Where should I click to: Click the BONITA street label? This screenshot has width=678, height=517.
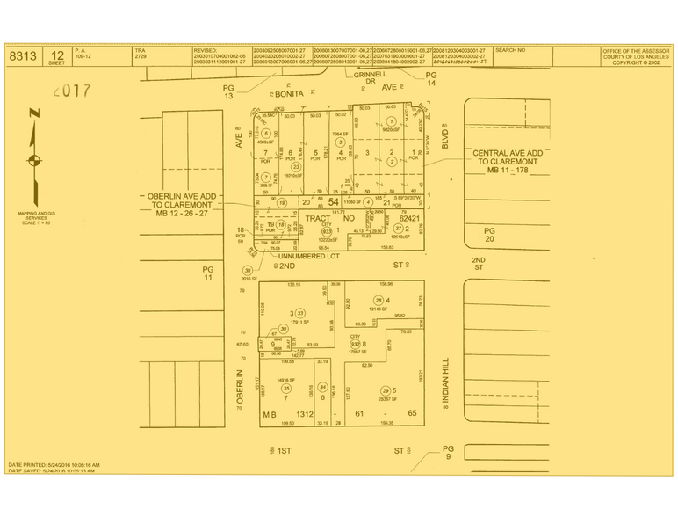[288, 92]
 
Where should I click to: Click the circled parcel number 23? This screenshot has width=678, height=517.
[296, 167]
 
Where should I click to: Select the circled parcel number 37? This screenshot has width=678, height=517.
[398, 228]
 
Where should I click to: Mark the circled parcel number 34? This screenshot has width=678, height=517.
[322, 387]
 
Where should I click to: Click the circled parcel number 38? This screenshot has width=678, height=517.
[249, 270]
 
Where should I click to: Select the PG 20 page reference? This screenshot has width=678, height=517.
[490, 234]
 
